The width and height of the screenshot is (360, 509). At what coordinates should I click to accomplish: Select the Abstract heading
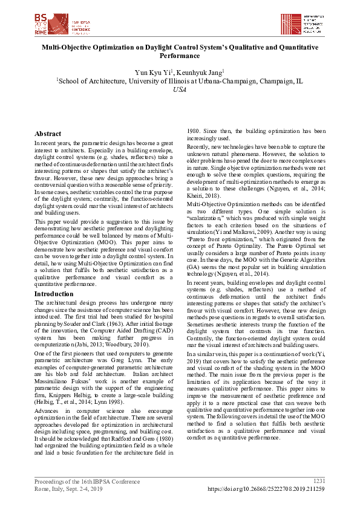coord(48,134)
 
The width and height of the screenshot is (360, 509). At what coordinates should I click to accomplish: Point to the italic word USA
coord(180,89)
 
